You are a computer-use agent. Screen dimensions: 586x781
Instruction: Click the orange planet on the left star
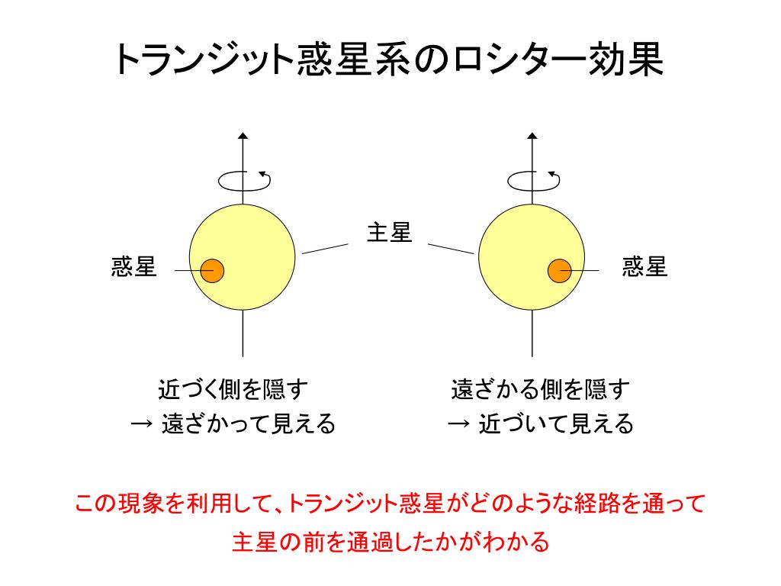(212, 270)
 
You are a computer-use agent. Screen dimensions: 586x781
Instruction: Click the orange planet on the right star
(560, 270)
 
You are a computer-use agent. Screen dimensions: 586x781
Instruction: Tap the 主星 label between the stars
(389, 232)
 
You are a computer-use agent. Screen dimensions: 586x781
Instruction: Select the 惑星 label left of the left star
(134, 267)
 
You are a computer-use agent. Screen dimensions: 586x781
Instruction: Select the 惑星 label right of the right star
(644, 267)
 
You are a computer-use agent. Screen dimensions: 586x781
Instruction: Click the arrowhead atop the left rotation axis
(243, 137)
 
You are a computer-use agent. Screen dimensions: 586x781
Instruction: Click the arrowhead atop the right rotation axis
(532, 137)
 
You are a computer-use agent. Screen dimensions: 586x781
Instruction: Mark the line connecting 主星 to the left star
(325, 248)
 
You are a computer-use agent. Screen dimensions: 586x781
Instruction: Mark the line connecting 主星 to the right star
(451, 249)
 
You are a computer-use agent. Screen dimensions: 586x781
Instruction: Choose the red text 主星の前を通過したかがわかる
(390, 542)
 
